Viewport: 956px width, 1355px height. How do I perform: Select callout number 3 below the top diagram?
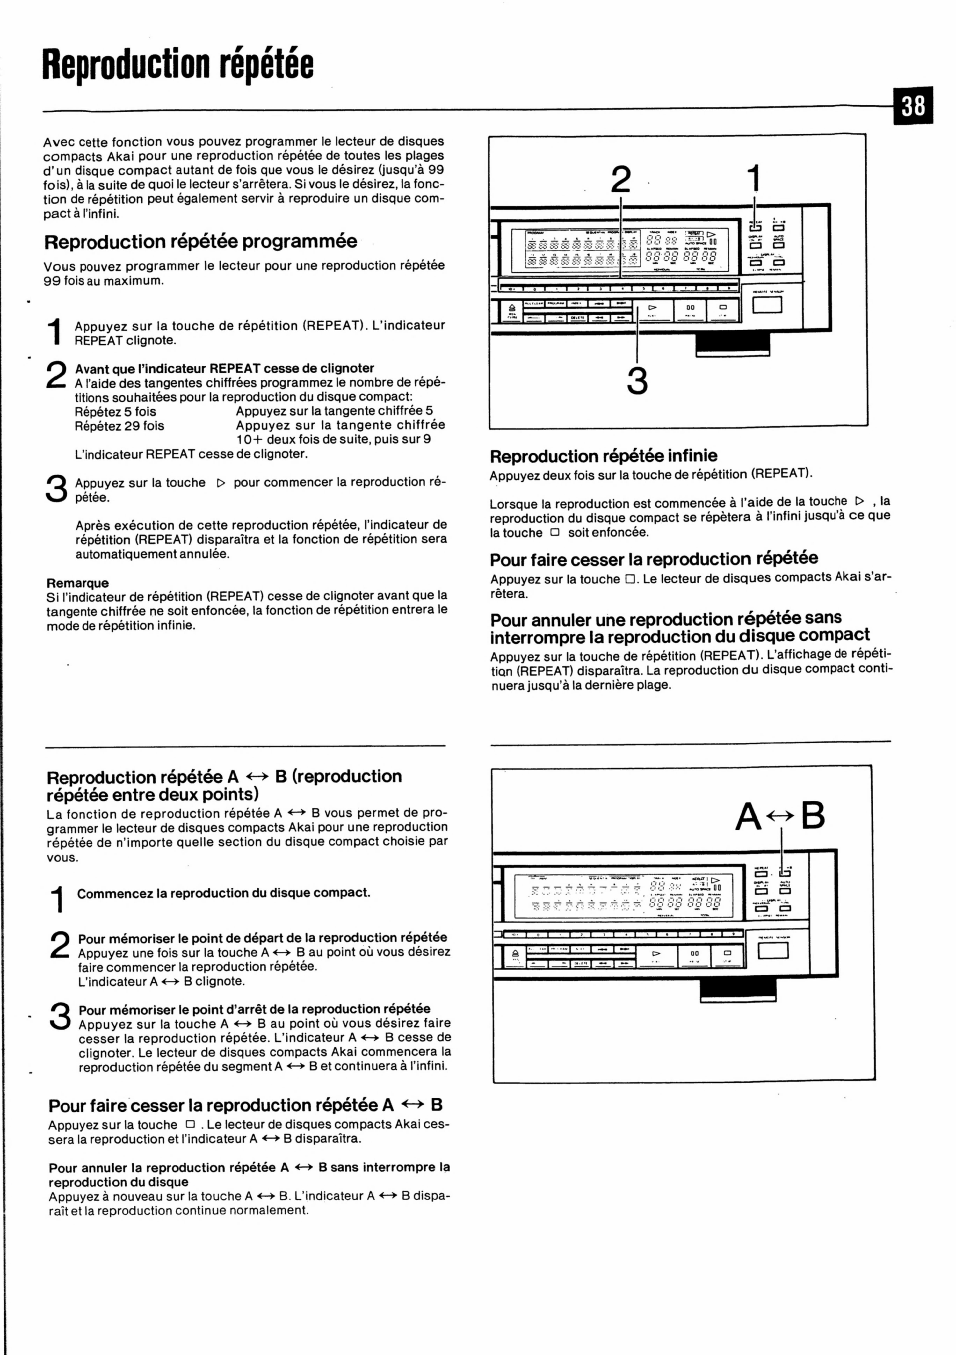pyautogui.click(x=637, y=381)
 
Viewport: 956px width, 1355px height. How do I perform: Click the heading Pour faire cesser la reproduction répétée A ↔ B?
pyautogui.click(x=245, y=1105)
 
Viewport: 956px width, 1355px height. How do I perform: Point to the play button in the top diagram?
pyautogui.click(x=653, y=308)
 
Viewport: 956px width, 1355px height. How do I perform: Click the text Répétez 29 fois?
pyautogui.click(x=120, y=425)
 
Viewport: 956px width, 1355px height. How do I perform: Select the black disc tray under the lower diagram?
pyautogui.click(x=738, y=989)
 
